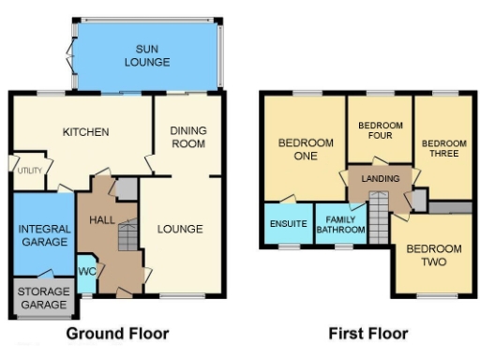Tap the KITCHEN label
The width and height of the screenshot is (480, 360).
coord(86,131)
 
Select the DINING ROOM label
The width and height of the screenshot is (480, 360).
coord(187,137)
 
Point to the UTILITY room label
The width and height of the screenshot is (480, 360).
coord(29,169)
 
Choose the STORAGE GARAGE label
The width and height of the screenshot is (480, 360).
coord(43,298)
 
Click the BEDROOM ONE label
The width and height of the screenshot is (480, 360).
coord(306,149)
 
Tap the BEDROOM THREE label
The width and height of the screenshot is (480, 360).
coord(440,148)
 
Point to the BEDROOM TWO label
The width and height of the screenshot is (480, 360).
coord(433,255)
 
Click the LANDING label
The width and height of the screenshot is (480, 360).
coord(380,178)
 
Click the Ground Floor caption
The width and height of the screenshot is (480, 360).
coord(117,333)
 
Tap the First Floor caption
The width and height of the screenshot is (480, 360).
coord(367,333)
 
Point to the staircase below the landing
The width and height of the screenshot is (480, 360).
coord(378,217)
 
